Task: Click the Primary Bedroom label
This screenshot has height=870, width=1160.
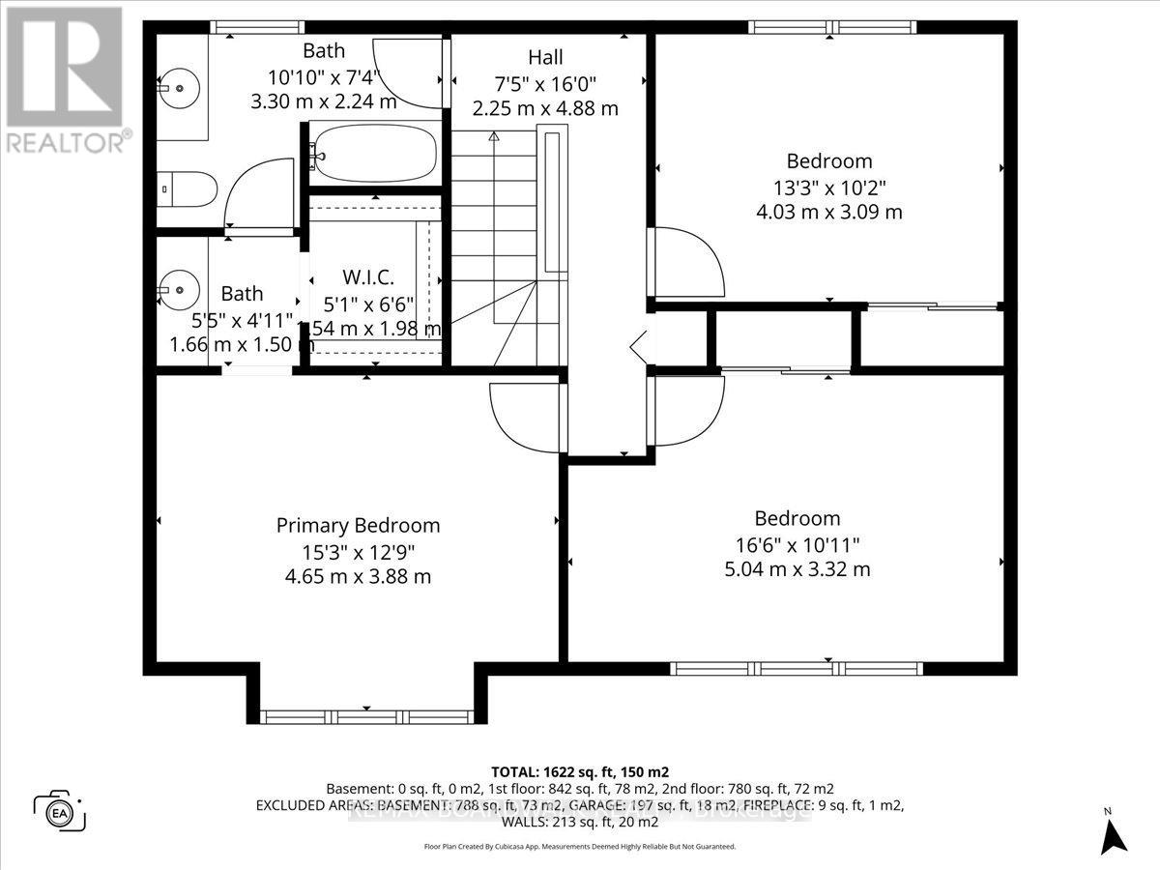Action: pyautogui.click(x=358, y=526)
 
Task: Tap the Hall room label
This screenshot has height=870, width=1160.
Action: pyautogui.click(x=545, y=58)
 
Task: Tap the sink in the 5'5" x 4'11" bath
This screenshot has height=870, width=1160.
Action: pyautogui.click(x=177, y=288)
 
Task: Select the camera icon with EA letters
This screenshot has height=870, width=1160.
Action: pyautogui.click(x=60, y=809)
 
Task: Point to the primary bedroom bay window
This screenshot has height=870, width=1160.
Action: pyautogui.click(x=365, y=716)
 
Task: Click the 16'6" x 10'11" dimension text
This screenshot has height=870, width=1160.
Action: pyautogui.click(x=797, y=544)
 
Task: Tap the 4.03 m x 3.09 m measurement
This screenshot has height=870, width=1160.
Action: pyautogui.click(x=829, y=212)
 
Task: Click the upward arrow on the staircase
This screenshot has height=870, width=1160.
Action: pyautogui.click(x=494, y=137)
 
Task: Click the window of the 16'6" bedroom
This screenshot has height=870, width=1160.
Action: pyautogui.click(x=797, y=668)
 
